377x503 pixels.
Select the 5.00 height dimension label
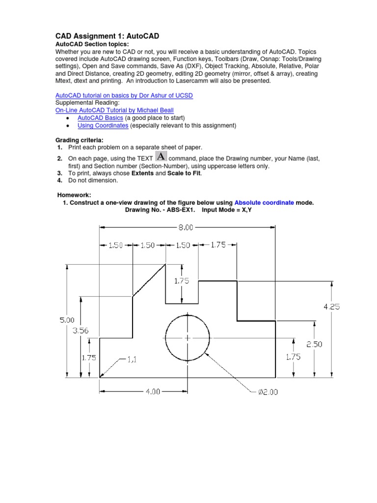pyautogui.click(x=67, y=320)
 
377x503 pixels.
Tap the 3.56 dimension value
pyautogui.click(x=81, y=331)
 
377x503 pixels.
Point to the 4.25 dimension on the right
pyautogui.click(x=331, y=306)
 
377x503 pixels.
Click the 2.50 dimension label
pyautogui.click(x=315, y=344)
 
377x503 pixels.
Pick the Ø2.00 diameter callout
pyautogui.click(x=268, y=392)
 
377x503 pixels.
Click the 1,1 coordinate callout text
pyautogui.click(x=132, y=359)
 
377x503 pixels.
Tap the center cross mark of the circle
pyautogui.click(x=188, y=338)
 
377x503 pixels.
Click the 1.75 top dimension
pyautogui.click(x=218, y=245)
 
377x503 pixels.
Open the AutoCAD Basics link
pyautogui.click(x=100, y=118)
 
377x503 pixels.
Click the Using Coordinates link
pyautogui.click(x=103, y=126)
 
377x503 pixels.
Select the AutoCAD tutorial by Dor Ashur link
pyautogui.click(x=124, y=95)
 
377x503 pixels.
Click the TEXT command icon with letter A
pyautogui.click(x=161, y=156)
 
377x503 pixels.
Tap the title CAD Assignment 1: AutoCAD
pyautogui.click(x=107, y=36)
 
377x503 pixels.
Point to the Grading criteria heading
pyautogui.click(x=79, y=140)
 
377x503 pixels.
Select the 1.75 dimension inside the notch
pyautogui.click(x=181, y=281)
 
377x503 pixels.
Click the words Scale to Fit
pyautogui.click(x=184, y=173)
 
